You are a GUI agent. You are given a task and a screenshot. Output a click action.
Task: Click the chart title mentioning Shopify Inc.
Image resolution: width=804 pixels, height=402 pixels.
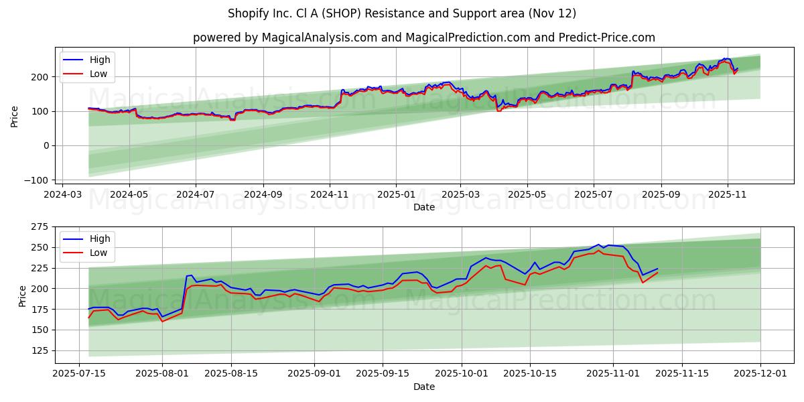(401, 13)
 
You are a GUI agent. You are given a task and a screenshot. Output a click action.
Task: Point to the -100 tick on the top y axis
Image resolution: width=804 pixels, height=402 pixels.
(37, 180)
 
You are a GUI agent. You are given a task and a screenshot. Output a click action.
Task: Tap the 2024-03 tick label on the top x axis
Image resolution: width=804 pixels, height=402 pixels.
(62, 194)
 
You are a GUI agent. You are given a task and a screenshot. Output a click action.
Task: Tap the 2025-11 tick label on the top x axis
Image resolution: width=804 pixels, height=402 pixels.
(728, 194)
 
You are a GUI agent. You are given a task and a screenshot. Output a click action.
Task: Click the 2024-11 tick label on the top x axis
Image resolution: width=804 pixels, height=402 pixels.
(329, 194)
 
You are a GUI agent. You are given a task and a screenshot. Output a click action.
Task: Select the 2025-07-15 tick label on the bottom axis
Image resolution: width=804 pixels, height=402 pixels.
(80, 373)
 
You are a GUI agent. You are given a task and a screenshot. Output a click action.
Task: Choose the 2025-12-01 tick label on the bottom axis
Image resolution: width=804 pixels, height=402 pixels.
(760, 373)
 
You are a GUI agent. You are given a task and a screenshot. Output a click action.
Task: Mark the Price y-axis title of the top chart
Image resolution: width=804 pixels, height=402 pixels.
(15, 116)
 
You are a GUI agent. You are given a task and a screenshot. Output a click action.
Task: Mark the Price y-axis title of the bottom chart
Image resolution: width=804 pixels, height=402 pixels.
(23, 295)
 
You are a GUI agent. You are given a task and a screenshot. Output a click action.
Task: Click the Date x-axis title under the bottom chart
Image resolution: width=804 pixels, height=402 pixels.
(423, 387)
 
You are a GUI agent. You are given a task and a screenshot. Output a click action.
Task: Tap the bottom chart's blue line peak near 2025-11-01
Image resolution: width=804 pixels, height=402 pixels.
(598, 245)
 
